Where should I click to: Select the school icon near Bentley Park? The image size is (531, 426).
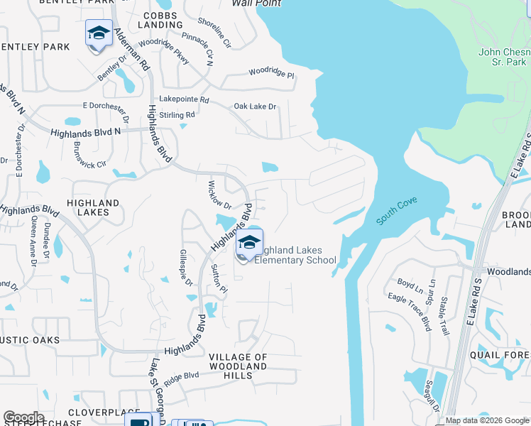(99, 33)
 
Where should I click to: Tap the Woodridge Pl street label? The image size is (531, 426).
(271, 73)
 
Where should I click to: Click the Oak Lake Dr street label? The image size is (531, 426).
(255, 106)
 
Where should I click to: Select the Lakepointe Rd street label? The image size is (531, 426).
(185, 100)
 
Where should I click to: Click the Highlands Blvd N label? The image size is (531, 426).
(85, 133)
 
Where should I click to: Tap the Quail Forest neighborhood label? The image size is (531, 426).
(502, 355)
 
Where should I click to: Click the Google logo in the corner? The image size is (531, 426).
(23, 417)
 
